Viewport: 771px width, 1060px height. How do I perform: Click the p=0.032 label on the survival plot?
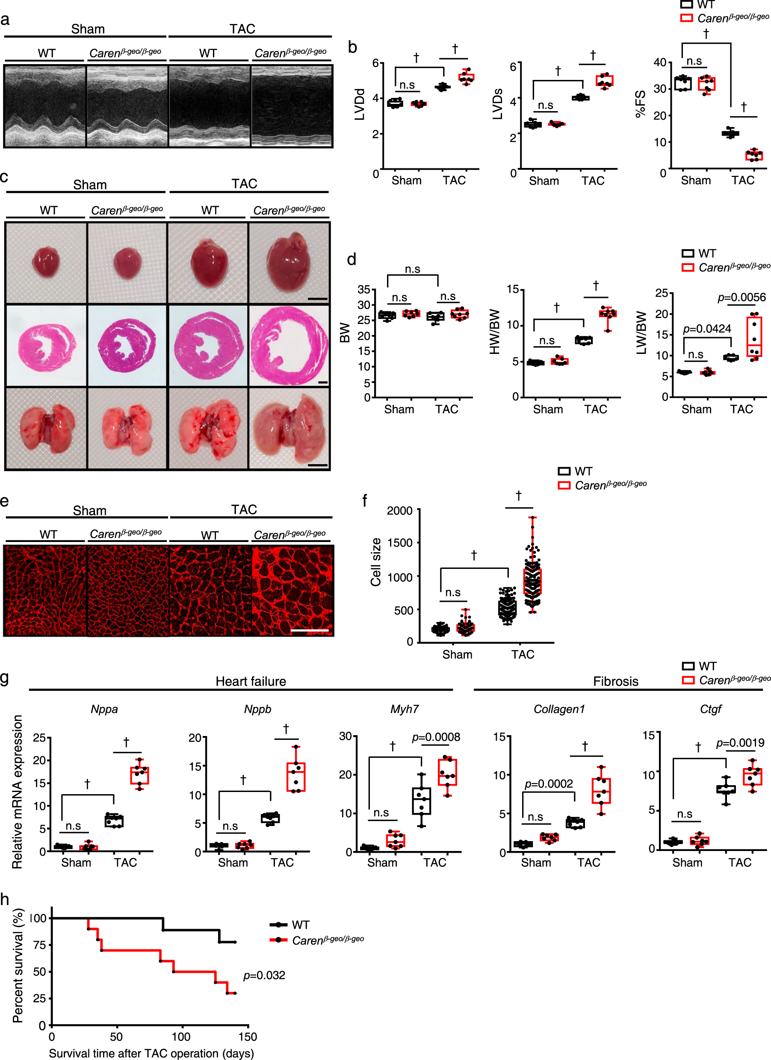point(264,975)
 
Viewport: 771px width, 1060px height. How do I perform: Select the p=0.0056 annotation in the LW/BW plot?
point(741,298)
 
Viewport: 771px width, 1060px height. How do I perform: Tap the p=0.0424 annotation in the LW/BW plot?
point(707,329)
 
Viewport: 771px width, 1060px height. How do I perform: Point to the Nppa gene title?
point(104,709)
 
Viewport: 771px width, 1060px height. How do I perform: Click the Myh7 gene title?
point(405,709)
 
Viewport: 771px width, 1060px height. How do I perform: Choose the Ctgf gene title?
point(710,709)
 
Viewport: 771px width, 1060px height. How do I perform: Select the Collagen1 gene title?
point(559,709)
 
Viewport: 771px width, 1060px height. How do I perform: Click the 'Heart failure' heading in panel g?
point(251,681)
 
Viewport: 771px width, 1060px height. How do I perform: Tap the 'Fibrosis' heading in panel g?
point(616,681)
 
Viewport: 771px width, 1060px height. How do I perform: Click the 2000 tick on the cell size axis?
point(400,510)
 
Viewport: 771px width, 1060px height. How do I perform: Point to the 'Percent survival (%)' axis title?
point(18,966)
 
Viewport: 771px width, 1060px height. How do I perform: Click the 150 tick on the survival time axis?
point(247,1036)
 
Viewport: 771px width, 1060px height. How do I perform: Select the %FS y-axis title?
point(640,104)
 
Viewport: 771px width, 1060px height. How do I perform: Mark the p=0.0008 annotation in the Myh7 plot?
point(436,737)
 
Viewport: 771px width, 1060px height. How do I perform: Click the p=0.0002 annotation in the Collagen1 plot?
point(549,784)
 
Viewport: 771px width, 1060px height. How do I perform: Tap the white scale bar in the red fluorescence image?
point(310,631)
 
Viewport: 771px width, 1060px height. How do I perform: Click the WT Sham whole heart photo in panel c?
point(46,263)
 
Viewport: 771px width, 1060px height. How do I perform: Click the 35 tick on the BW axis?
point(364,289)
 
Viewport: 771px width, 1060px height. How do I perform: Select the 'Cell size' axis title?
point(376,562)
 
